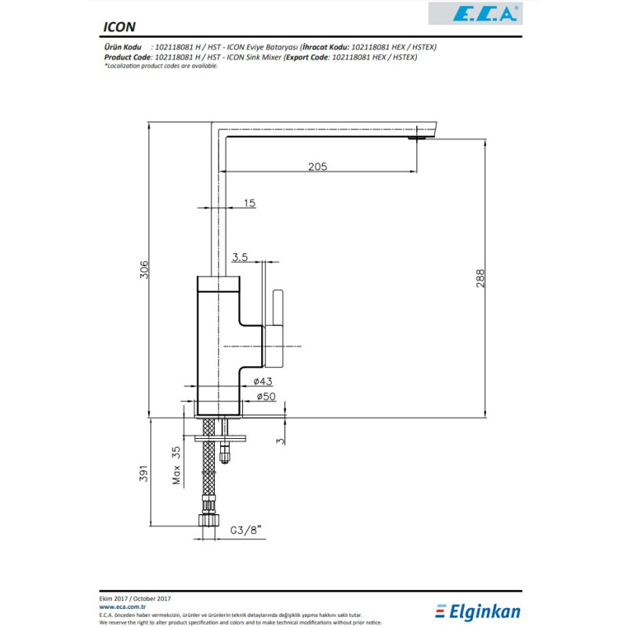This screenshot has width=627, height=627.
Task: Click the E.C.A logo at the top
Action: point(476,13)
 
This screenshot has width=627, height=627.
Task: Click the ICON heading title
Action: point(119,27)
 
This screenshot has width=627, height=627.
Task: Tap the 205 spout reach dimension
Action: point(317,166)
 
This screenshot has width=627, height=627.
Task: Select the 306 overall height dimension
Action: point(144,270)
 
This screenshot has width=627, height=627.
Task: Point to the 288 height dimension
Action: point(480,278)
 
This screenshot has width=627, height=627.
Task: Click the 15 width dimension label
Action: point(249,203)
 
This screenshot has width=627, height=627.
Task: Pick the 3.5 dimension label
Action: point(240,257)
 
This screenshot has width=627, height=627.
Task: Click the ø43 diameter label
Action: point(263,382)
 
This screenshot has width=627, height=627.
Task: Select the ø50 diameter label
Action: point(266,397)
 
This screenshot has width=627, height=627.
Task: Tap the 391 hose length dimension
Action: point(143,473)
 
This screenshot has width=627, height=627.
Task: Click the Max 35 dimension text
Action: point(176,466)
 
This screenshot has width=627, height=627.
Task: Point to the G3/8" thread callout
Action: point(245,531)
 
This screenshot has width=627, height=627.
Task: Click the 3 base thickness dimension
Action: point(281,441)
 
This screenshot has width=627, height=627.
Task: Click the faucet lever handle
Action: point(278,307)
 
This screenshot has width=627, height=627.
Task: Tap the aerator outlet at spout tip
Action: point(417,138)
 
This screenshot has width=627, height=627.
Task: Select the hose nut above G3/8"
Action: point(208,520)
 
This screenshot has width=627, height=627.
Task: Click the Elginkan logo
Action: point(478,611)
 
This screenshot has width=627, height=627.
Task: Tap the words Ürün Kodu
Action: point(123,47)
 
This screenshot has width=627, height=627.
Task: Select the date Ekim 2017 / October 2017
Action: point(135,599)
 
